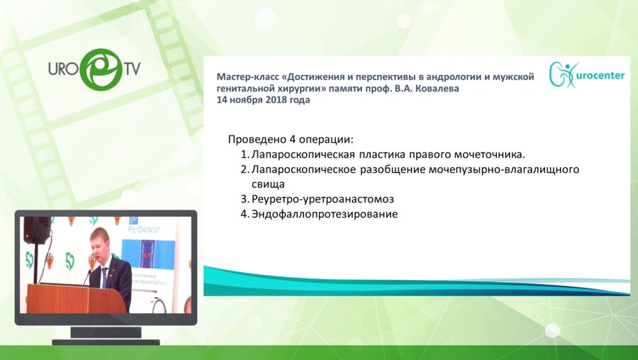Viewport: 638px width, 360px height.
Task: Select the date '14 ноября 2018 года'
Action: coord(263,100)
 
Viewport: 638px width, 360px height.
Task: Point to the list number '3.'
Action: coord(244,199)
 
